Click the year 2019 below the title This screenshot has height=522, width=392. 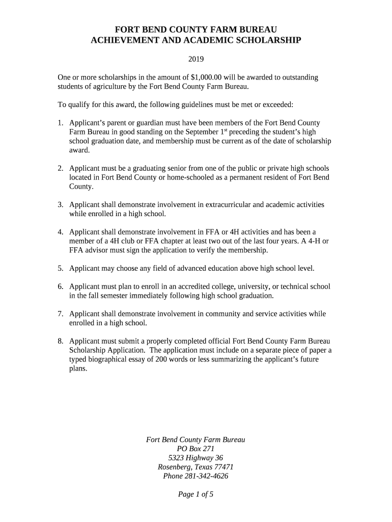coord(196,59)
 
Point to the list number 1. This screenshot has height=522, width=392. coord(60,123)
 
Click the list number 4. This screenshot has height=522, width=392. coord(60,232)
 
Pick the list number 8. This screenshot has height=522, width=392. coord(60,341)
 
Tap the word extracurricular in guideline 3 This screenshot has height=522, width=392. coord(225,204)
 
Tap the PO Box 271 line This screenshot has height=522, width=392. coord(195,449)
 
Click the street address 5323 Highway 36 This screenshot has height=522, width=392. coord(195,458)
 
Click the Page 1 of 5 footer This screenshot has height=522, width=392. coord(195,494)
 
